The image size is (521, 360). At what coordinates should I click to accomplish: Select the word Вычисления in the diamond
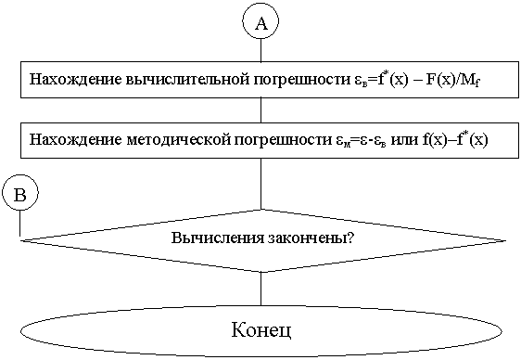[215, 237]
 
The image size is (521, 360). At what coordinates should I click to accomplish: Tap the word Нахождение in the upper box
[68, 80]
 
